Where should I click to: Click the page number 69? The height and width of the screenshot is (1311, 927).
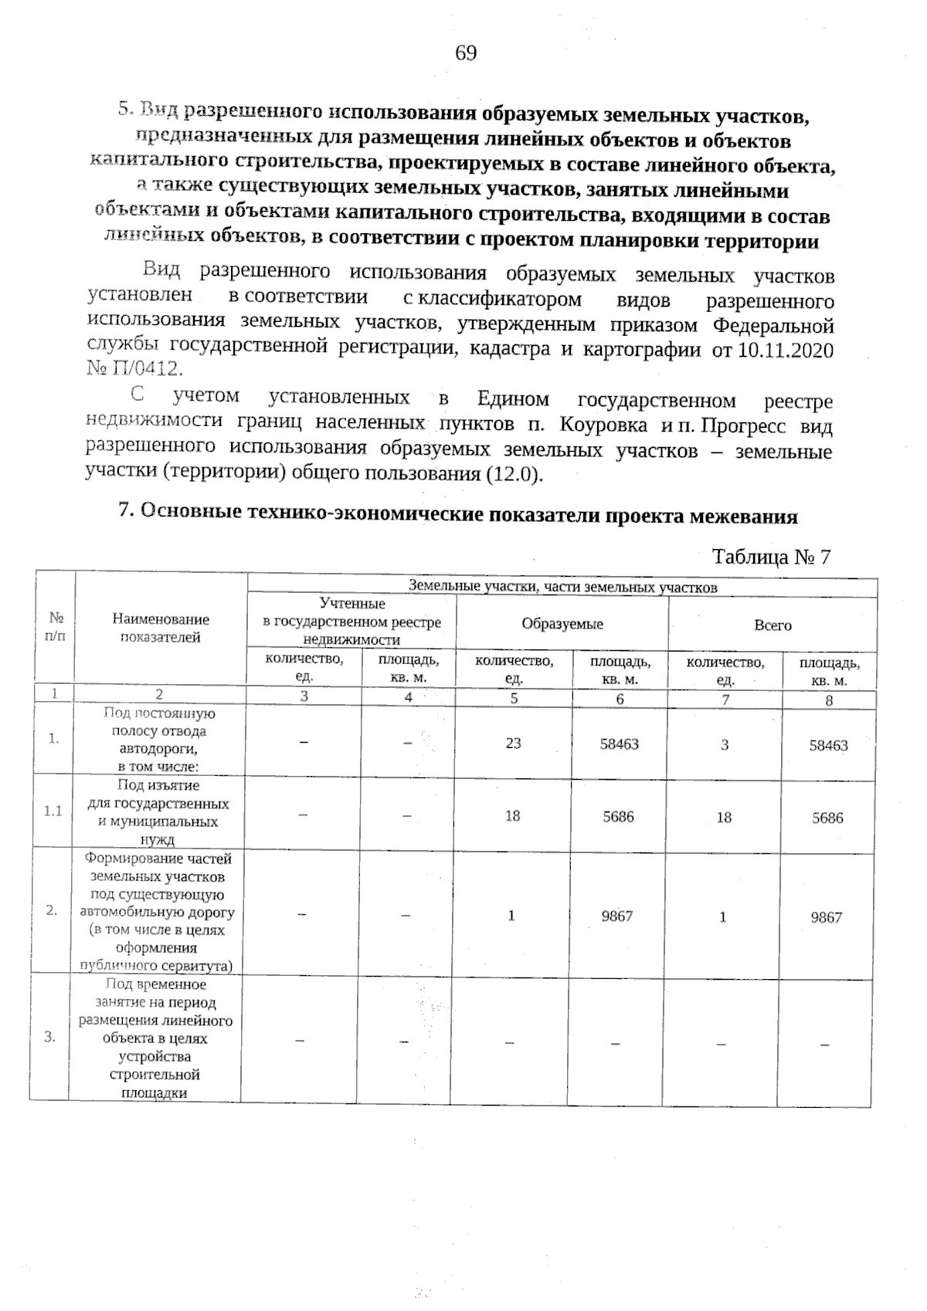pos(466,53)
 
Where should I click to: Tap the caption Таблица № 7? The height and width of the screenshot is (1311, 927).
pos(770,557)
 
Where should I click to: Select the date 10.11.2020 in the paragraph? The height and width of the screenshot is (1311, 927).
pos(786,351)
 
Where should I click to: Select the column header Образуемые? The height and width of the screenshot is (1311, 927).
pos(562,625)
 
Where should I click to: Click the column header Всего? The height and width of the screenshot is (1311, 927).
pos(772,625)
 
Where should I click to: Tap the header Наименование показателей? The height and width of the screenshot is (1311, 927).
pos(161,628)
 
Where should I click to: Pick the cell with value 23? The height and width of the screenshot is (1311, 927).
pos(514,744)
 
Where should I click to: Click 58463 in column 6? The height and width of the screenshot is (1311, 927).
pos(620,744)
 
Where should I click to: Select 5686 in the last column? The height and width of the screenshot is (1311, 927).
pos(827,818)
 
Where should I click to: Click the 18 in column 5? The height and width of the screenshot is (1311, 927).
pos(513,816)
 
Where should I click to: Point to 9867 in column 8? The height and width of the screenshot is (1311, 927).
pos(827,917)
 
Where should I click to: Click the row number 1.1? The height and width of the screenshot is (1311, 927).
pos(53,811)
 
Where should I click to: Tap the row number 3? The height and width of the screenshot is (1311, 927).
pos(50,1037)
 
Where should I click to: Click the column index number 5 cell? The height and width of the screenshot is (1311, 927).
pos(514,699)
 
